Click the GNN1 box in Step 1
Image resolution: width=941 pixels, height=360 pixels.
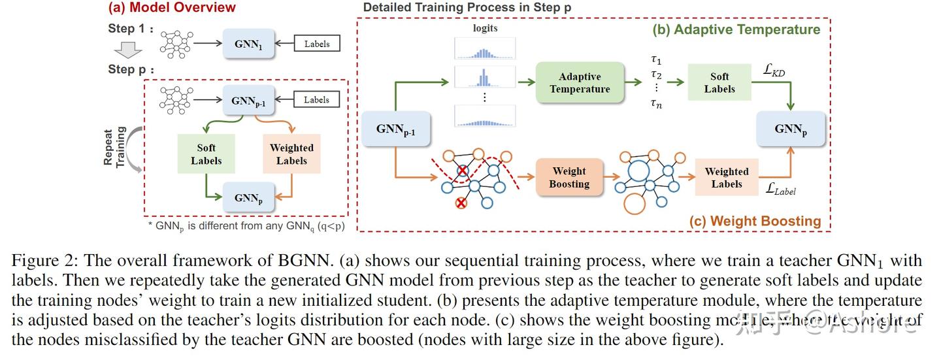click(x=249, y=44)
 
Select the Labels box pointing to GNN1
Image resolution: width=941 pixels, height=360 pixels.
click(x=317, y=44)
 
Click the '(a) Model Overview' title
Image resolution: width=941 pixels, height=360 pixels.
click(x=172, y=8)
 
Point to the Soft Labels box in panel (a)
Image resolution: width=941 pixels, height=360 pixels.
click(x=206, y=154)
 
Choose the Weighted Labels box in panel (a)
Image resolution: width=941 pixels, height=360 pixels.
click(x=291, y=154)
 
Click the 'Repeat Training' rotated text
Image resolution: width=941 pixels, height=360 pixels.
click(x=115, y=148)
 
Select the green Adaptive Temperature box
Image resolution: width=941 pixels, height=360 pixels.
click(x=580, y=82)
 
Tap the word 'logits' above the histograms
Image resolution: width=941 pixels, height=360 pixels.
click(x=485, y=28)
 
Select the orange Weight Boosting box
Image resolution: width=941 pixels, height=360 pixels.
click(x=569, y=178)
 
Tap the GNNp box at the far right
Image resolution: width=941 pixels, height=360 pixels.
click(x=791, y=129)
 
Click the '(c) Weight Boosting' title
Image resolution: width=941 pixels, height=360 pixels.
click(x=755, y=221)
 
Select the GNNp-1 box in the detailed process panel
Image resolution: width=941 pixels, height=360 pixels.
click(x=395, y=129)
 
